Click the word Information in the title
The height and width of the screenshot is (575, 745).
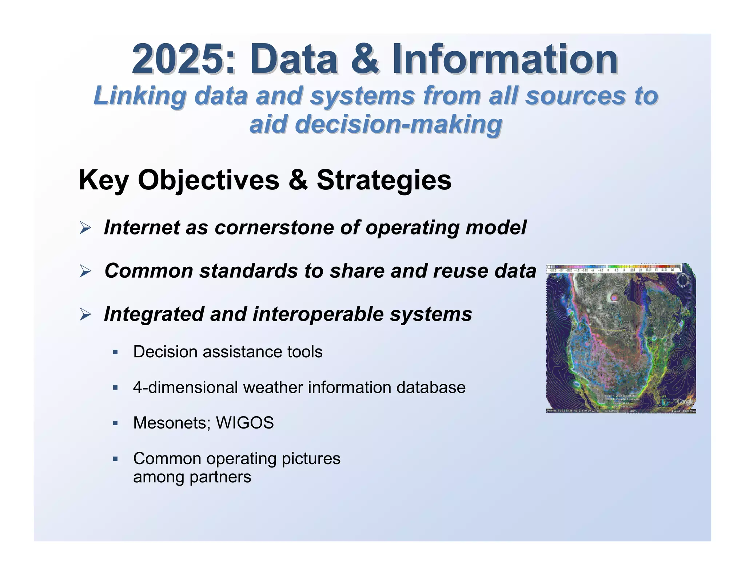[505, 59]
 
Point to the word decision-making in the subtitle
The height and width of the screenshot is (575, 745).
[376, 124]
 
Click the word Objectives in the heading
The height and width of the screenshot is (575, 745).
[208, 180]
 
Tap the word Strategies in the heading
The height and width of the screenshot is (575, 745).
[384, 180]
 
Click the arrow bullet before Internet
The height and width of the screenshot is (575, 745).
[85, 228]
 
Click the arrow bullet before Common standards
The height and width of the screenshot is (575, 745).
[85, 271]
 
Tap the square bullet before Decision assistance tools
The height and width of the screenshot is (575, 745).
[116, 352]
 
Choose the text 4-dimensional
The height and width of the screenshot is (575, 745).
[186, 387]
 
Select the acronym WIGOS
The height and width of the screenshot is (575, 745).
[244, 423]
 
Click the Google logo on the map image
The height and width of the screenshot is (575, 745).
[685, 402]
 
